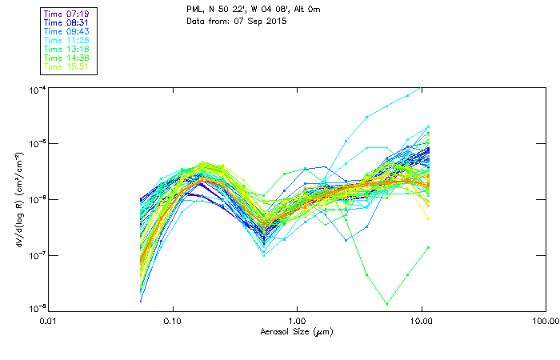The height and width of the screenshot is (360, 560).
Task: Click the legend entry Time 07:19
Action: coord(66,14)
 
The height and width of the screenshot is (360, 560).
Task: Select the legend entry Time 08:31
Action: coord(66,23)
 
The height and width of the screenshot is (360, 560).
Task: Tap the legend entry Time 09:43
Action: coord(66,32)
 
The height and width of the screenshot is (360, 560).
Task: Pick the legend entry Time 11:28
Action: coord(66,41)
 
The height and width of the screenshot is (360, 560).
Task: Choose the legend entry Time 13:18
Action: coord(66,50)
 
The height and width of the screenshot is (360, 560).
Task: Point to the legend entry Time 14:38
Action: coord(66,58)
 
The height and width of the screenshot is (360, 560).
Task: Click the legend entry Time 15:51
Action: coord(66,67)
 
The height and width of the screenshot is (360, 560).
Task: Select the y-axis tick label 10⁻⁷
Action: coord(37,255)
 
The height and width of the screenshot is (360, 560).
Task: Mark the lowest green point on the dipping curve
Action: coord(387,304)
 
